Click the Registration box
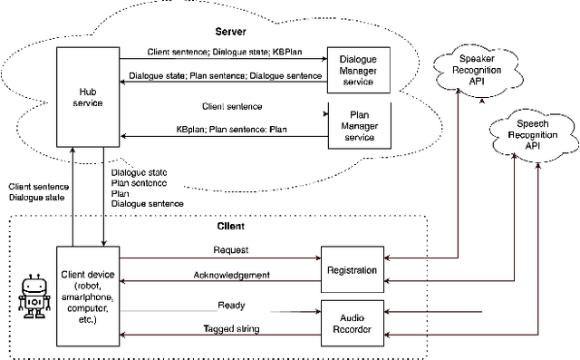coord(353,268)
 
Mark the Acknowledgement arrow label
coord(231,275)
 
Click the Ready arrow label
coord(231,306)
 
